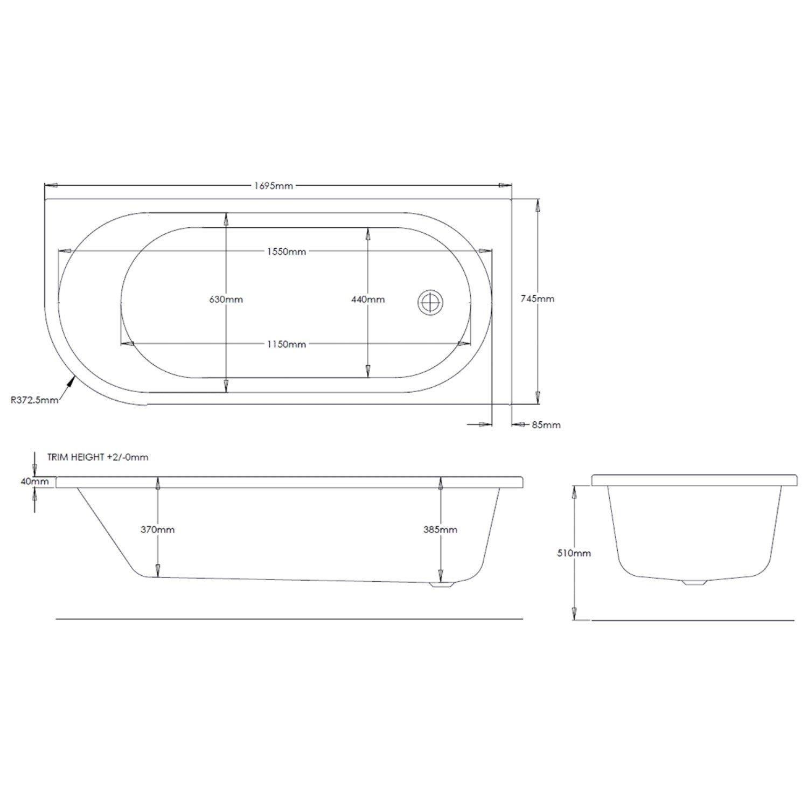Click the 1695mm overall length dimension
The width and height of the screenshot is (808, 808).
[x=273, y=186]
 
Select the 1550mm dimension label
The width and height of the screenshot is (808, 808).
[x=285, y=252]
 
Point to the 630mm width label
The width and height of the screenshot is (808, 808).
[x=226, y=299]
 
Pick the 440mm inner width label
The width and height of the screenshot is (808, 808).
[x=368, y=299]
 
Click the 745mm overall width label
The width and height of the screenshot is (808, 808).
[x=538, y=298]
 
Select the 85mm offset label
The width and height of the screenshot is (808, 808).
[x=546, y=425]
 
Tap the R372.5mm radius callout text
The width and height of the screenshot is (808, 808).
[x=33, y=400]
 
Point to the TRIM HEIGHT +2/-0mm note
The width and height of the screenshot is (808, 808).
[x=97, y=457]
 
